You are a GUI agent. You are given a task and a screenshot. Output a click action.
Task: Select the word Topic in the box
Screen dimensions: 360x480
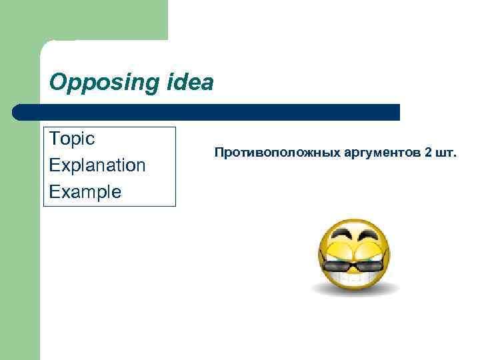72,139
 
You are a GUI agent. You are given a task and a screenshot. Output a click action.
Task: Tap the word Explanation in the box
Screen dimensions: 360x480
97,165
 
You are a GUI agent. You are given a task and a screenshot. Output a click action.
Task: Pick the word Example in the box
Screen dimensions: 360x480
85,192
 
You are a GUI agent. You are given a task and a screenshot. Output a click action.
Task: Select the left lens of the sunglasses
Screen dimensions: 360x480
337,267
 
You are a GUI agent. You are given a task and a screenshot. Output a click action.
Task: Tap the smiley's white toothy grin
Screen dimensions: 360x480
354,278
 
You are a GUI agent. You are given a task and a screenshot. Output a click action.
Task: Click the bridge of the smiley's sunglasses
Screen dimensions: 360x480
354,265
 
